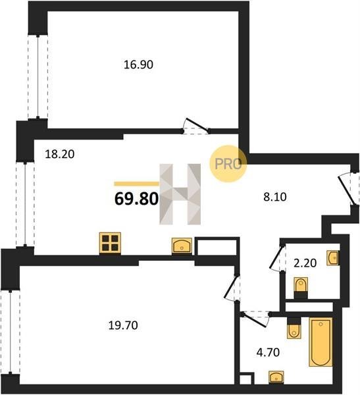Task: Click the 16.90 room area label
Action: [x=138, y=65]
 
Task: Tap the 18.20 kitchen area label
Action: [x=60, y=154]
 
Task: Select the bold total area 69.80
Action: [x=136, y=199]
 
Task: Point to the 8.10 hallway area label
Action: [x=275, y=197]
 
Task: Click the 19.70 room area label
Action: [x=123, y=325]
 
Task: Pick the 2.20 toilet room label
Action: [x=305, y=263]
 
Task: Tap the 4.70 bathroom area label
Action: [x=268, y=352]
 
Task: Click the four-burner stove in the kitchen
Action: [x=110, y=244]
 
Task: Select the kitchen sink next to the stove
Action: [x=182, y=246]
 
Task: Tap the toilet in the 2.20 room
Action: [x=301, y=288]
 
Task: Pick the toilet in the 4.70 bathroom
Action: [x=294, y=327]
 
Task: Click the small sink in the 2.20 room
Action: [x=333, y=258]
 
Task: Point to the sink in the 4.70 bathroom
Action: [x=276, y=377]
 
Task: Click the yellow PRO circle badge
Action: [x=228, y=164]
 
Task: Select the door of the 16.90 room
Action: [x=196, y=126]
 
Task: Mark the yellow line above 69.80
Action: [x=136, y=184]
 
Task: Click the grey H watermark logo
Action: [x=180, y=194]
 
